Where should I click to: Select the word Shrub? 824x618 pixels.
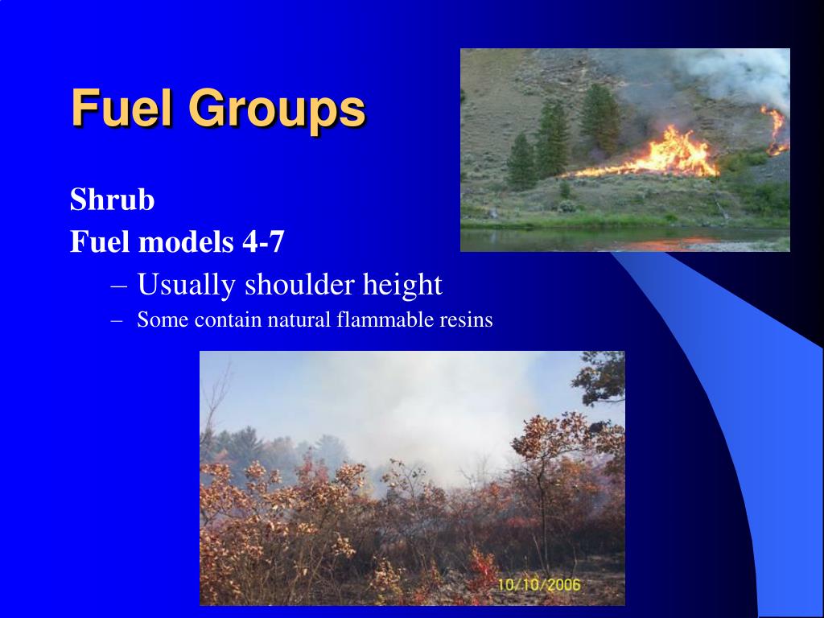point(112,200)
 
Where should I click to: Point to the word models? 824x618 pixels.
point(192,241)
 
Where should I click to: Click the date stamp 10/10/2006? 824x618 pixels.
point(538,585)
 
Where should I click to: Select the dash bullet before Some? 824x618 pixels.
point(117,320)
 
